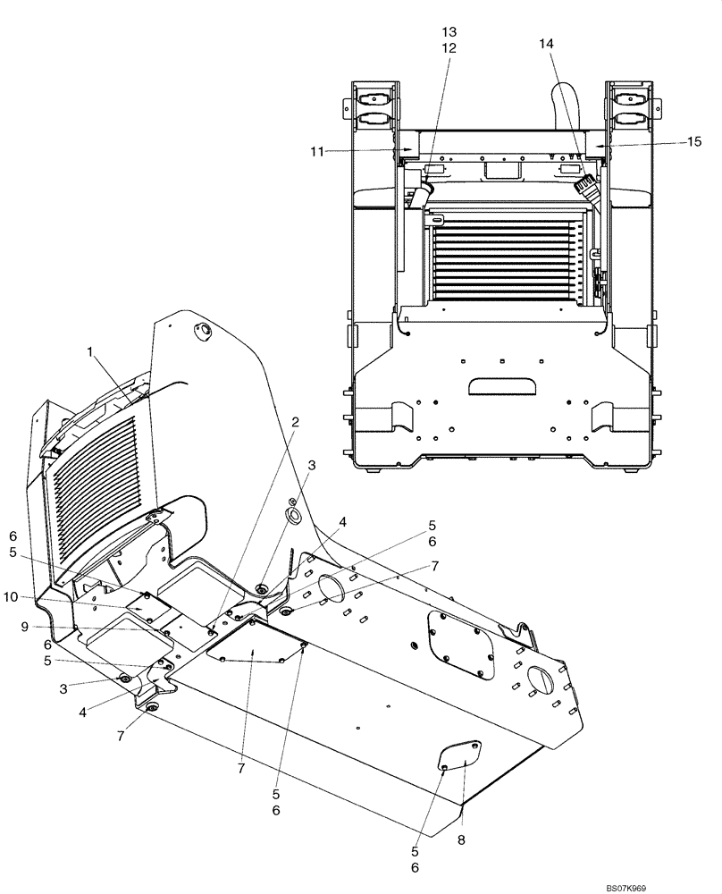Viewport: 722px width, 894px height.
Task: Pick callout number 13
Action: tap(449, 33)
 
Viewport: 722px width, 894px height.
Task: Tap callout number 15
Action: tap(693, 140)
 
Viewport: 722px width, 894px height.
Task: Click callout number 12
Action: tap(449, 48)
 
